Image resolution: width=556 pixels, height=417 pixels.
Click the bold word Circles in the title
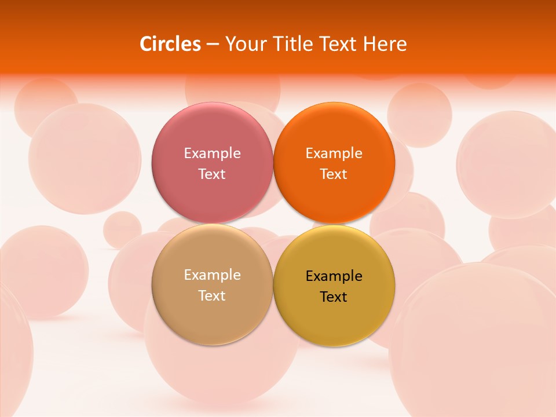coord(170,44)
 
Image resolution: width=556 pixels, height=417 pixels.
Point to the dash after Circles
coord(213,45)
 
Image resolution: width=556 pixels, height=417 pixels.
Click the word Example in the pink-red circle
coord(212,153)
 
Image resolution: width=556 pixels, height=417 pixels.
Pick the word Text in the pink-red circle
coord(212,174)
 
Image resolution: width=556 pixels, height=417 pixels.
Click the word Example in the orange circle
coord(334,153)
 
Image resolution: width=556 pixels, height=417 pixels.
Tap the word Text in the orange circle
coord(334,174)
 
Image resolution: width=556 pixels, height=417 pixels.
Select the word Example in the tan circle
coord(212,275)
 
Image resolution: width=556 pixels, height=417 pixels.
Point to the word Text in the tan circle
coord(212,296)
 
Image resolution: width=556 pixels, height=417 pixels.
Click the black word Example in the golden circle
coord(334,276)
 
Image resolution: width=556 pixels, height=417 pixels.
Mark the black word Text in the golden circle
coord(334,297)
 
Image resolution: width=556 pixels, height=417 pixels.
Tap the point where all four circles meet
coord(273,224)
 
